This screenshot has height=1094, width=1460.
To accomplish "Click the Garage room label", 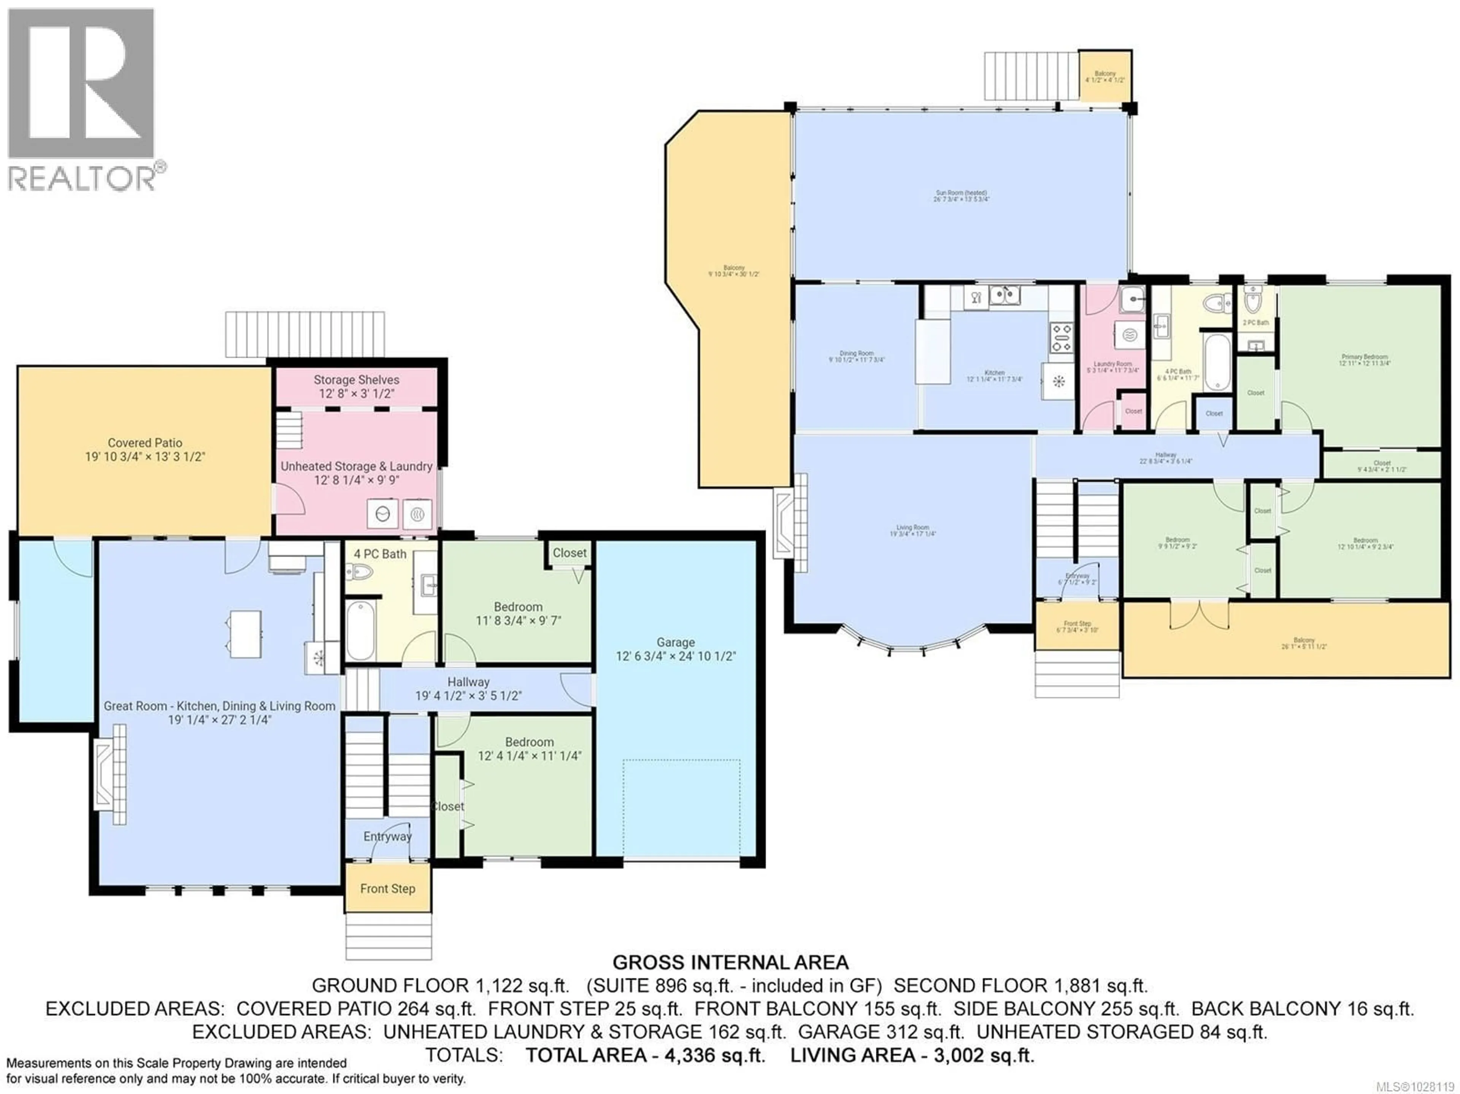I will coord(675,642).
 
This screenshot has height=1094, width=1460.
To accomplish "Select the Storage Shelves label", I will coord(356,380).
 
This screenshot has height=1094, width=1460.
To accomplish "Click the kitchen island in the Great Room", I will coord(245,633).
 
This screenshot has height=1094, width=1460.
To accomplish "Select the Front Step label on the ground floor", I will coord(387,889).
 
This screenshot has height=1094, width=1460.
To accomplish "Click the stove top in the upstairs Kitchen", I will coord(1061,337).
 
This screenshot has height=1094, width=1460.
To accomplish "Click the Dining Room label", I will coord(856,354).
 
